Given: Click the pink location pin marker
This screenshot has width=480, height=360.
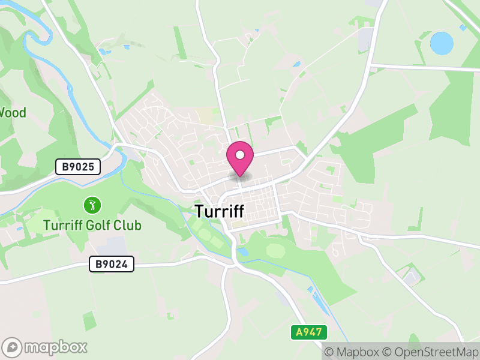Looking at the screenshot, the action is [240, 159].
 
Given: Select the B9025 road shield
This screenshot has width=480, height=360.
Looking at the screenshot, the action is [78, 167].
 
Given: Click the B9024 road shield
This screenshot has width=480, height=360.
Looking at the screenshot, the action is [112, 263].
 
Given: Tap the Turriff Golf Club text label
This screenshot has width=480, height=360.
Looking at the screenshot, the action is [92, 226].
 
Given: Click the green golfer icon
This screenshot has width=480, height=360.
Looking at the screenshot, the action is [92, 205].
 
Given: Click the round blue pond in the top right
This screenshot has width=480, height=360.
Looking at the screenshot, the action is [442, 43].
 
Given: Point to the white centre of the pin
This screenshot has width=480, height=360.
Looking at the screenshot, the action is [240, 155].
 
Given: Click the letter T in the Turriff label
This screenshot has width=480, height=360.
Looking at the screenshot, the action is [199, 211].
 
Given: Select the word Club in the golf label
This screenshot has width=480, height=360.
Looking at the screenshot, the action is [129, 226].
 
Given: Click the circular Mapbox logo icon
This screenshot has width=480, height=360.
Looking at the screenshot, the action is [13, 347].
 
